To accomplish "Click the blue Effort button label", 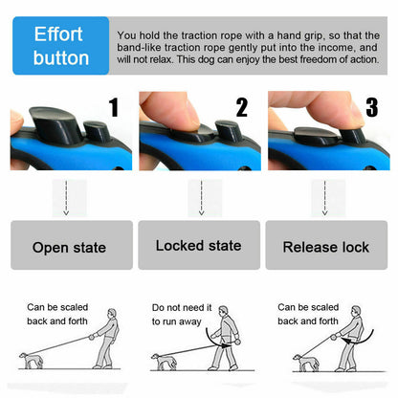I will point(60,45).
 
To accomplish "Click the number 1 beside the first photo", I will point(114,108).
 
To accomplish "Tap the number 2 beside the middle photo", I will point(241,108).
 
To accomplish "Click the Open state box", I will point(69,246).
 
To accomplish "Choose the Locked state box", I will point(198,246).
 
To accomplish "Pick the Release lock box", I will point(325,246).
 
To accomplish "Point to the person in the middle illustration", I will point(227,341).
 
